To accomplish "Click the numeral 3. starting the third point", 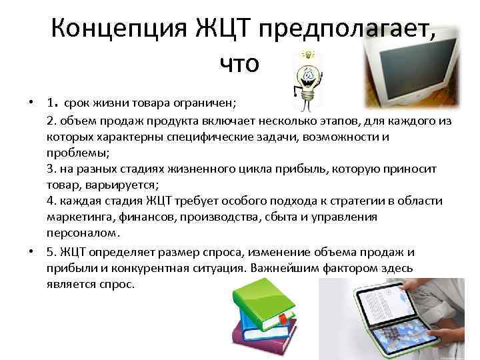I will click(52, 169).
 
